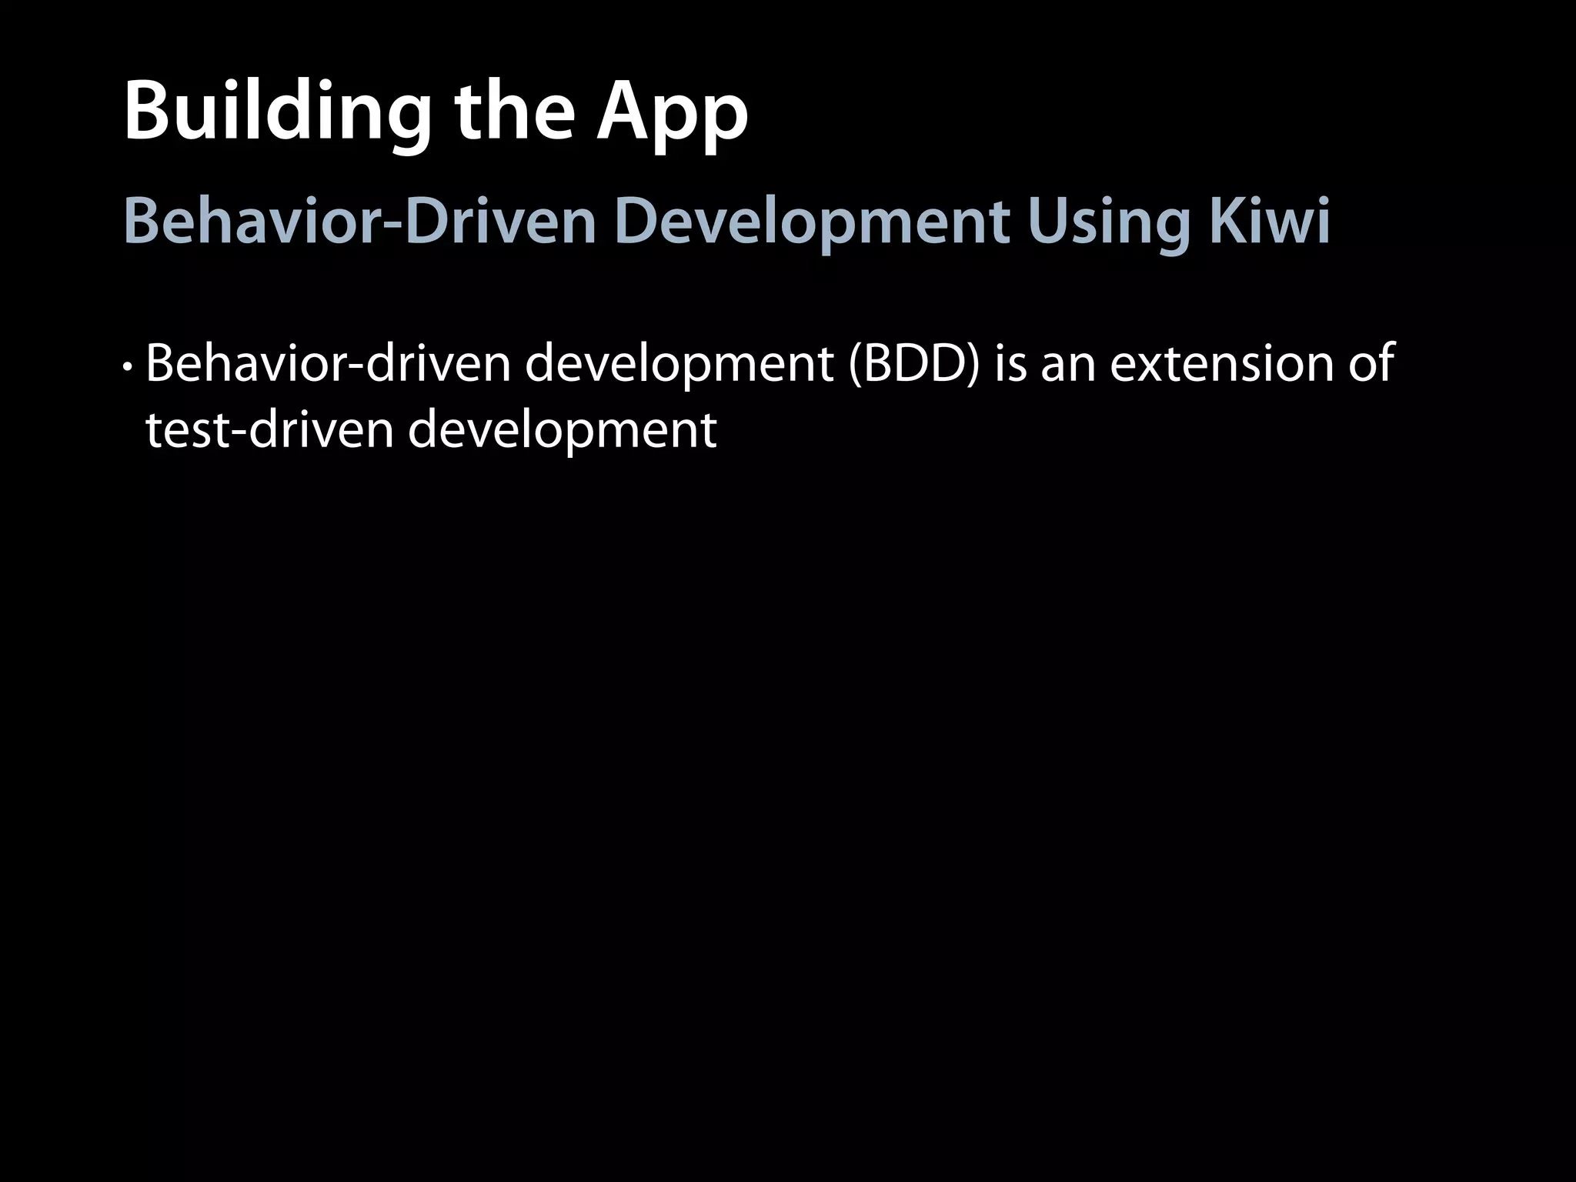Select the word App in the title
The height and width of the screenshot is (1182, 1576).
pos(672,114)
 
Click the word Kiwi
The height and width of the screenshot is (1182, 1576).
pos(1270,222)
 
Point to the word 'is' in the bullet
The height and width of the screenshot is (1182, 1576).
pos(1010,363)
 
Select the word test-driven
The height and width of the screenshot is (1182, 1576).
pos(269,429)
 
